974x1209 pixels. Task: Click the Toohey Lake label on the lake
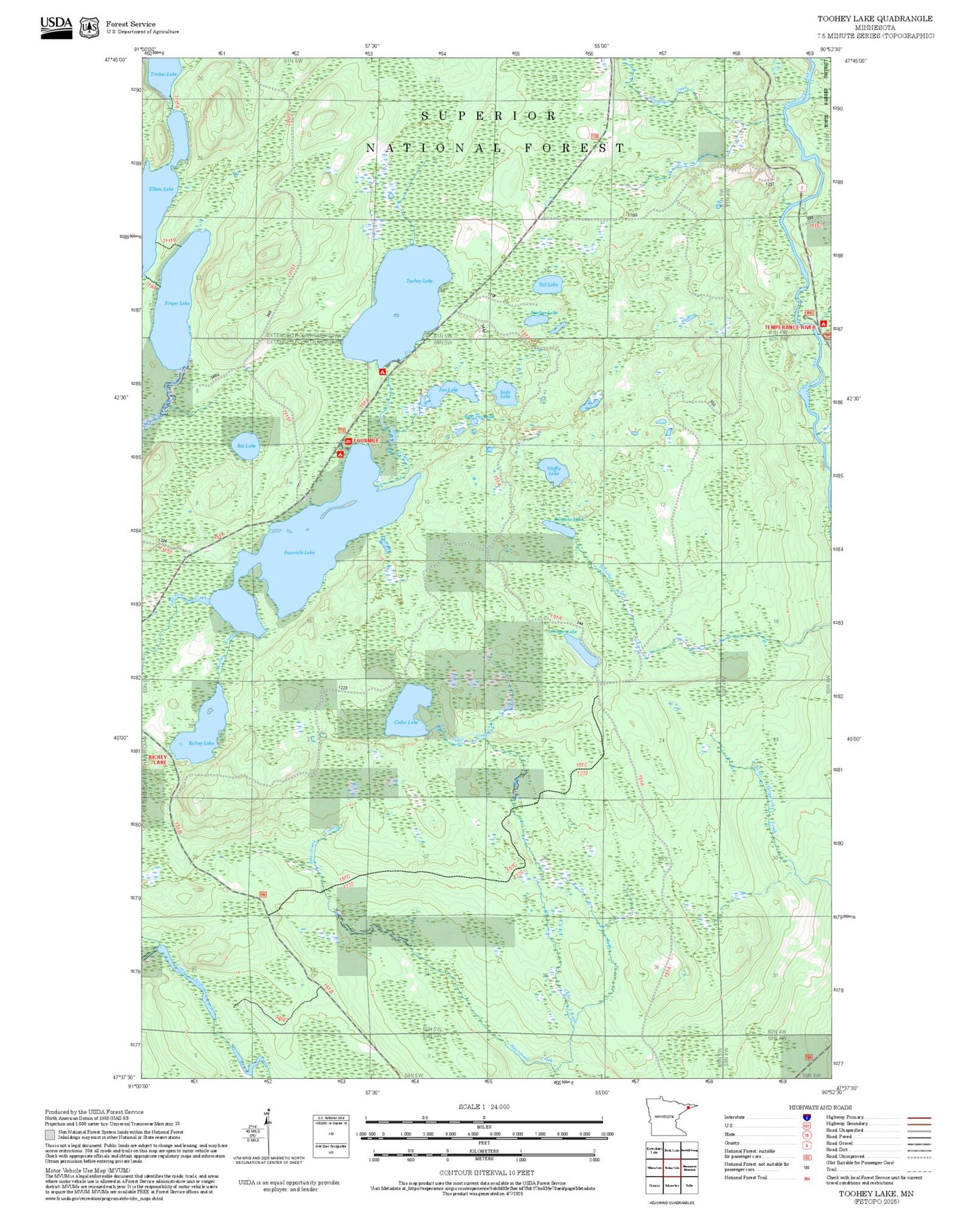(x=419, y=280)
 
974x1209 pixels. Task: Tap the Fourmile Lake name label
(x=299, y=553)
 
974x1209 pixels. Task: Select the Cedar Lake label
(x=406, y=722)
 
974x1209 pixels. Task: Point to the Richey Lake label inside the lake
(x=201, y=743)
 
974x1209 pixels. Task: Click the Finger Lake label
(x=177, y=303)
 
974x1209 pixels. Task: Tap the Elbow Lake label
(x=161, y=189)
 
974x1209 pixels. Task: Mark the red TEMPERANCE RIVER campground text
(x=789, y=327)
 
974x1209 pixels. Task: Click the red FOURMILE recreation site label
(x=367, y=441)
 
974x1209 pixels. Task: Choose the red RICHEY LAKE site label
(x=158, y=759)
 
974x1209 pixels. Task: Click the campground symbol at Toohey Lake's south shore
(x=382, y=371)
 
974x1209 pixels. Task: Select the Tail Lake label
(x=549, y=284)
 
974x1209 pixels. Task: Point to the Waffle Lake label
(x=553, y=471)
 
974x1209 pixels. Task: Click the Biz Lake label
(x=247, y=445)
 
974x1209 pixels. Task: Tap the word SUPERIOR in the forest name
(x=489, y=116)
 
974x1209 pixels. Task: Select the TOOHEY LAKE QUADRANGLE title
(x=875, y=19)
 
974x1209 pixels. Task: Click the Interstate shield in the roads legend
(x=806, y=1117)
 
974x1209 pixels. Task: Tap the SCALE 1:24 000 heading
(x=483, y=1107)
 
